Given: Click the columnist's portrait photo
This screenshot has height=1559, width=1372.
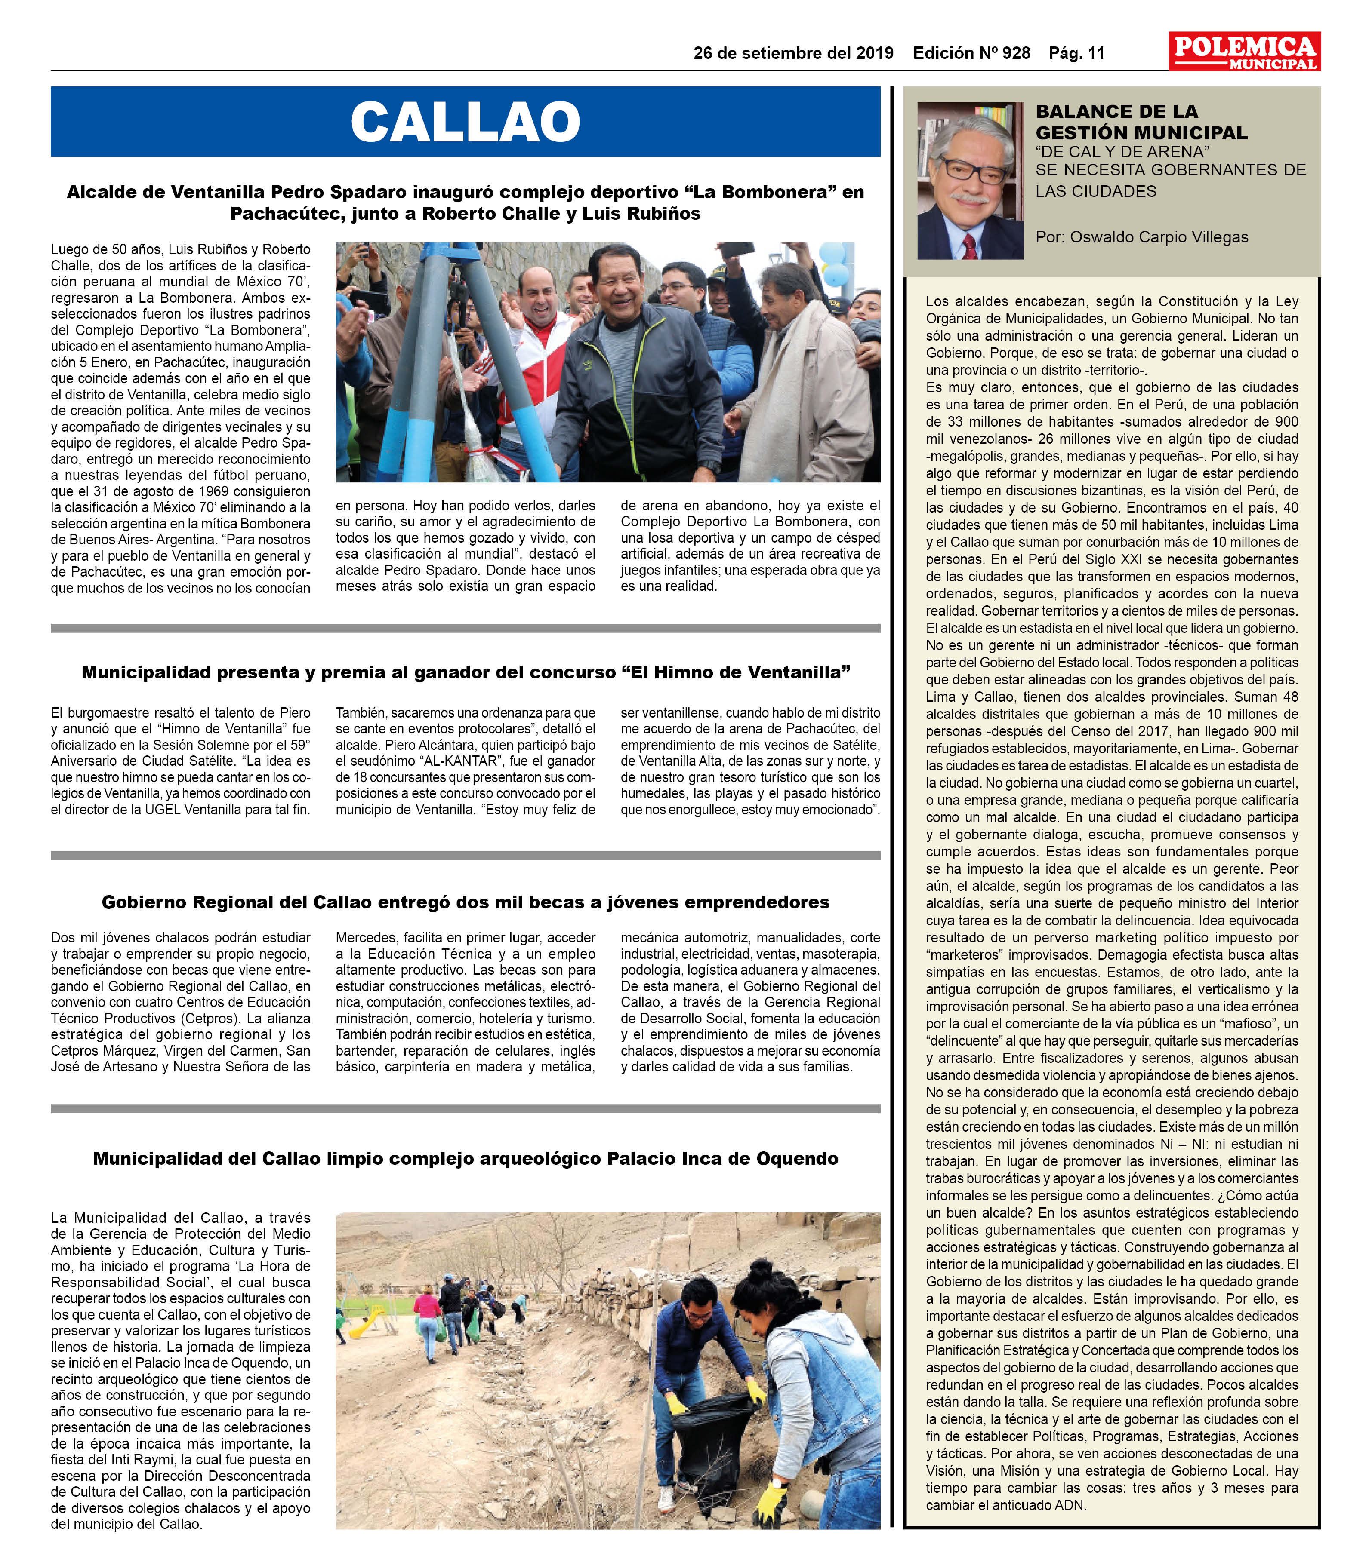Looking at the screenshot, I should tap(970, 181).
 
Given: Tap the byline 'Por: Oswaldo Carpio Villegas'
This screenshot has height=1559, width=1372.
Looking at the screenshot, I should tap(1141, 237).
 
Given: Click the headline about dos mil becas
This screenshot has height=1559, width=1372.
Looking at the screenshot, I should tap(466, 902).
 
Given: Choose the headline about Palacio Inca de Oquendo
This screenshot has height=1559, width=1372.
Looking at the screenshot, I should tap(466, 1159).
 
